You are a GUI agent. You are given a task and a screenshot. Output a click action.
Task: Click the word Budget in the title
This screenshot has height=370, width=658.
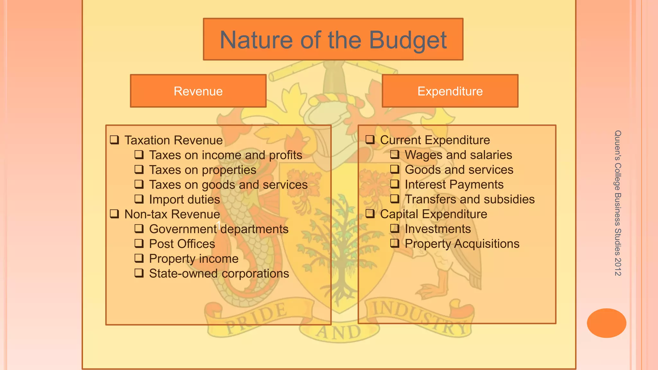pyautogui.click(x=408, y=40)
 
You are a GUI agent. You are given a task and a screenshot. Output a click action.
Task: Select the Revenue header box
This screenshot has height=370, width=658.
pyautogui.click(x=198, y=91)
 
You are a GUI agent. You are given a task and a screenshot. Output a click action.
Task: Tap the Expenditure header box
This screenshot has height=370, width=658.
pyautogui.click(x=450, y=91)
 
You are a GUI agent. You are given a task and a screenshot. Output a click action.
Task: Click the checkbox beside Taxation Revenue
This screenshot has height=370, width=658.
pyautogui.click(x=114, y=140)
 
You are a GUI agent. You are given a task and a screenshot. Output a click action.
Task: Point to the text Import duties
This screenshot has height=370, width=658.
pyautogui.click(x=184, y=199)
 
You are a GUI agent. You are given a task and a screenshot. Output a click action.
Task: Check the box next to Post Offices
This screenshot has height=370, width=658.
pyautogui.click(x=139, y=243)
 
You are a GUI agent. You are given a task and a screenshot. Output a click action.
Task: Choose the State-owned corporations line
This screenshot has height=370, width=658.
pyautogui.click(x=219, y=274)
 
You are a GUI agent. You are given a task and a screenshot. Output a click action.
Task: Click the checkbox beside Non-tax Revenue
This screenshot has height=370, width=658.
pyautogui.click(x=114, y=214)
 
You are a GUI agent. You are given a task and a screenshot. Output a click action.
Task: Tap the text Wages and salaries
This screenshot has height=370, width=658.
pyautogui.click(x=458, y=155)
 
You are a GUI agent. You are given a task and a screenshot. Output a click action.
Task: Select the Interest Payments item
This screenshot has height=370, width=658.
pyautogui.click(x=454, y=185)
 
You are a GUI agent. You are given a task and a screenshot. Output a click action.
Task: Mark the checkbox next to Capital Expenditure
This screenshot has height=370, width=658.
pyautogui.click(x=370, y=214)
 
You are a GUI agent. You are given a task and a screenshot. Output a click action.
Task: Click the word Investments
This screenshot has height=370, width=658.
pyautogui.click(x=438, y=229)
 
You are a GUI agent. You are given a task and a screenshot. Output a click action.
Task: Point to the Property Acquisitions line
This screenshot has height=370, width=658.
pyautogui.click(x=462, y=244)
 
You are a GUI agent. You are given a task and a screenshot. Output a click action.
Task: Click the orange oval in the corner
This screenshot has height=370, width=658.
pyautogui.click(x=606, y=323)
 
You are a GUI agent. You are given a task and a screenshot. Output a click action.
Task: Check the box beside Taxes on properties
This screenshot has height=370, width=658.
pyautogui.click(x=139, y=170)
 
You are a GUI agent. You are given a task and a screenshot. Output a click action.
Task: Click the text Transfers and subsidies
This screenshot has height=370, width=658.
pyautogui.click(x=469, y=199)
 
